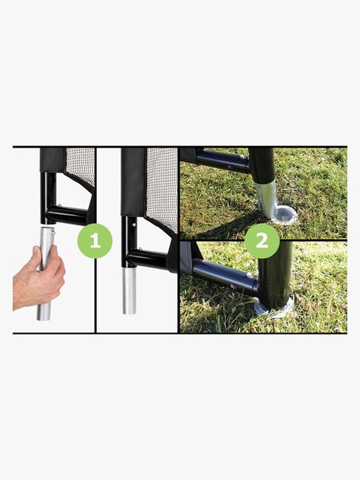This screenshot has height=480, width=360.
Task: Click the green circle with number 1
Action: [x=95, y=241]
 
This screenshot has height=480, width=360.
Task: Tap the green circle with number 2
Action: [x=262, y=241]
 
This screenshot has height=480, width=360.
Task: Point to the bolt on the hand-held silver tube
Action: [x=53, y=233]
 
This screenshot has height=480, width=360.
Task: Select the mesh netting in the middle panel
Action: [x=162, y=188]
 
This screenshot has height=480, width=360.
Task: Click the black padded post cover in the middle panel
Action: [x=133, y=182]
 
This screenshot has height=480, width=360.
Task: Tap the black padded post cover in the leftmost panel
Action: [x=52, y=160]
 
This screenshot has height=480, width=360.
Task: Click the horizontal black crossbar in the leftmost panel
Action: [x=68, y=215]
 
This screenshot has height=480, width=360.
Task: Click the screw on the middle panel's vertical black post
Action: [x=135, y=224]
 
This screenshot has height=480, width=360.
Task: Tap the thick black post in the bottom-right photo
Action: [x=274, y=275]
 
